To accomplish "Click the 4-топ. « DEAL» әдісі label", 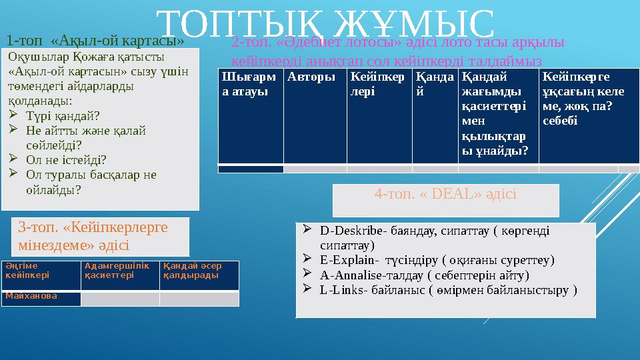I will coord(445,194).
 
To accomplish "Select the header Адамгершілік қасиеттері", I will coord(119,270).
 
